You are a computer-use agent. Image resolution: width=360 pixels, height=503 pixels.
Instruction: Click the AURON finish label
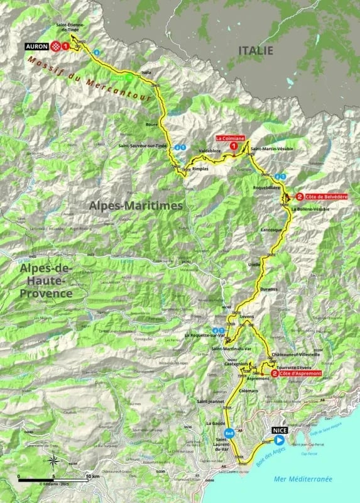37,46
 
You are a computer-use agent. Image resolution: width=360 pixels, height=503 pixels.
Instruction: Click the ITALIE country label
255,49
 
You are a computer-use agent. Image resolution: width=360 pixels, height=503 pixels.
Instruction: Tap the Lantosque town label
272,231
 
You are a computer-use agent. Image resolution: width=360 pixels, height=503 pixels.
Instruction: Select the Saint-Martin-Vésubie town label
271,148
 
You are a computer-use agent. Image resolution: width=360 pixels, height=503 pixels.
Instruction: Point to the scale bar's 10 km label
92,477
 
